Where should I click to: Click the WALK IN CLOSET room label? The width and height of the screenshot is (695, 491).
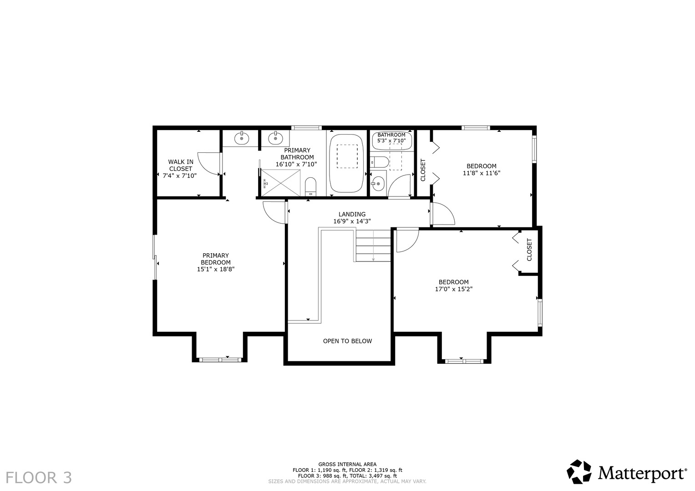[x=180, y=168]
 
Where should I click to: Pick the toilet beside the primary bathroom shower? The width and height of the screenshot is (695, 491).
[x=310, y=186]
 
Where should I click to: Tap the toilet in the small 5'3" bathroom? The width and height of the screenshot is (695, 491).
[x=379, y=161]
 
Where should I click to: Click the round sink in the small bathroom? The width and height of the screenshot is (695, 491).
[x=378, y=184]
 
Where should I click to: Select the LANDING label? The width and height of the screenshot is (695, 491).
[x=352, y=214]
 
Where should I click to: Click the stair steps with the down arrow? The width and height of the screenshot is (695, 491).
[x=373, y=245]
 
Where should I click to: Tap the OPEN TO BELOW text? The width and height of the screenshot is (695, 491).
[x=347, y=341]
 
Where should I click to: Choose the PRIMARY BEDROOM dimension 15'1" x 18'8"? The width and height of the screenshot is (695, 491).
[x=216, y=269]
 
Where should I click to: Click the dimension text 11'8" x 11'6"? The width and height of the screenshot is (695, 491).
[x=482, y=173]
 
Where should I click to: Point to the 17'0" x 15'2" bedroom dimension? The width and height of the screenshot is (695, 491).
[x=453, y=289]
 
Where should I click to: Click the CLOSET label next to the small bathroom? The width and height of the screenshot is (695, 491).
[x=423, y=170]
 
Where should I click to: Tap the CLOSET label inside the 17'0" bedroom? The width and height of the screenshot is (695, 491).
[x=529, y=250]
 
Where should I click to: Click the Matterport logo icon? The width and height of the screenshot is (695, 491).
[x=579, y=472]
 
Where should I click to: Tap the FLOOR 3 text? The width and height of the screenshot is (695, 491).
[x=39, y=478]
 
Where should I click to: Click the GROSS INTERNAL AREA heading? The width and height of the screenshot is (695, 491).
[x=347, y=464]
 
